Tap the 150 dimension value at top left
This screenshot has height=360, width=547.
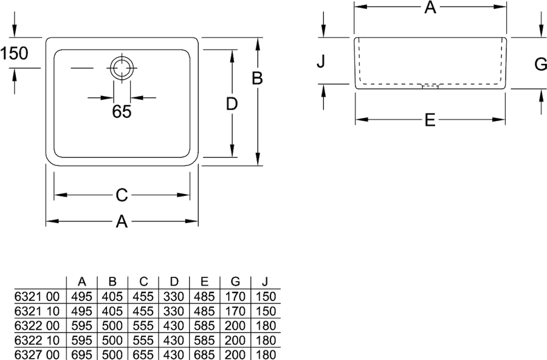(14, 54)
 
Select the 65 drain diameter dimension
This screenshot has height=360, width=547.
(122, 111)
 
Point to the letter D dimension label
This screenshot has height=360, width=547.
(232, 104)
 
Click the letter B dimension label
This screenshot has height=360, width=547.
(257, 78)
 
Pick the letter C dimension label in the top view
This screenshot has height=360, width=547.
(122, 195)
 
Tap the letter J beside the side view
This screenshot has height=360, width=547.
(321, 61)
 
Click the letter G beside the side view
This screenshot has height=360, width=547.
(540, 64)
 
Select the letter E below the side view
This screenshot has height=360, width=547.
(430, 120)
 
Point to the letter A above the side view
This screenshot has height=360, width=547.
(430, 7)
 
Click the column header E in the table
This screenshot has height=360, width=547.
(205, 282)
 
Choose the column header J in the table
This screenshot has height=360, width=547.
(266, 282)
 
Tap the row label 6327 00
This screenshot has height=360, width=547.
(37, 355)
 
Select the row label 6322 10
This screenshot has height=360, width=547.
(37, 340)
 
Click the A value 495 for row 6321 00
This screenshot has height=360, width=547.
(81, 297)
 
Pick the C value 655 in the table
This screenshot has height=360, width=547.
(143, 355)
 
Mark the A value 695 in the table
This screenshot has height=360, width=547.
(81, 355)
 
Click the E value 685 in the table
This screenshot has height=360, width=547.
(204, 355)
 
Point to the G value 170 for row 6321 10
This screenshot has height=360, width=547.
(235, 311)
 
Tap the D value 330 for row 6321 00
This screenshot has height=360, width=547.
(174, 297)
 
